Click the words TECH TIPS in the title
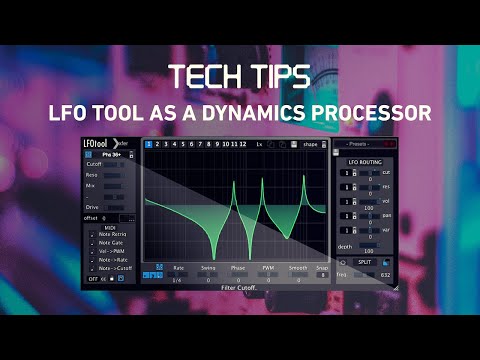(240, 77)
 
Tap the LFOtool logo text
(97, 143)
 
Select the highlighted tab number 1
(148, 144)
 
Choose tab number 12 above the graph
(240, 144)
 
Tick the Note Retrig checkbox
(90, 233)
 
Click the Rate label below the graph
(178, 268)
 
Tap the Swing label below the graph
(207, 268)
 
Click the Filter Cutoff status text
(240, 287)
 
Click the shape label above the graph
(311, 144)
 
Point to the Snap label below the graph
(323, 268)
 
